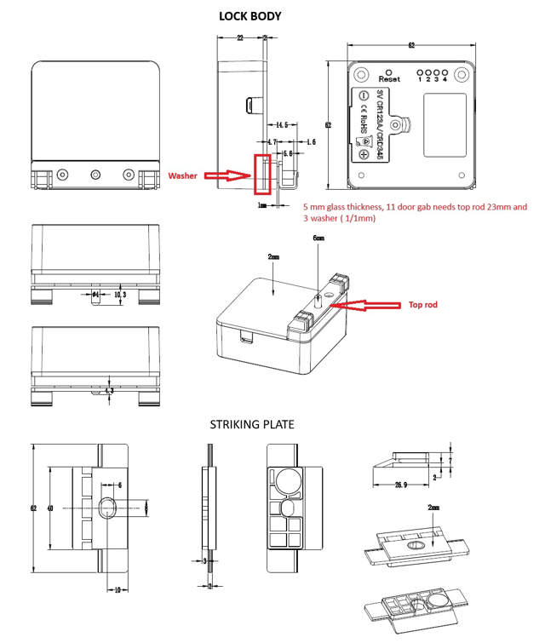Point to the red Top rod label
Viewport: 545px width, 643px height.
click(427, 304)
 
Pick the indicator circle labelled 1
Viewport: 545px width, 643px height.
click(417, 73)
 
